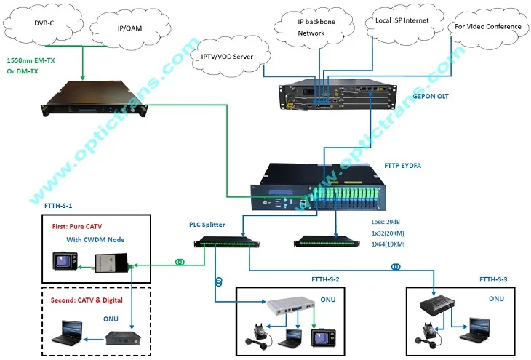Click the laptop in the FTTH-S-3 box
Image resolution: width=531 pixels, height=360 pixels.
[x=481, y=327]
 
